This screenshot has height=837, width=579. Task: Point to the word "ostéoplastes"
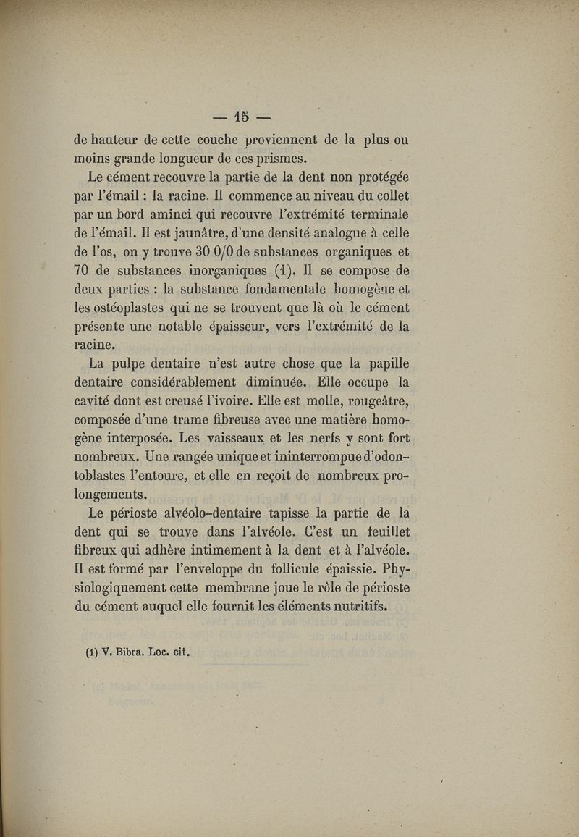[x=138, y=308]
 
